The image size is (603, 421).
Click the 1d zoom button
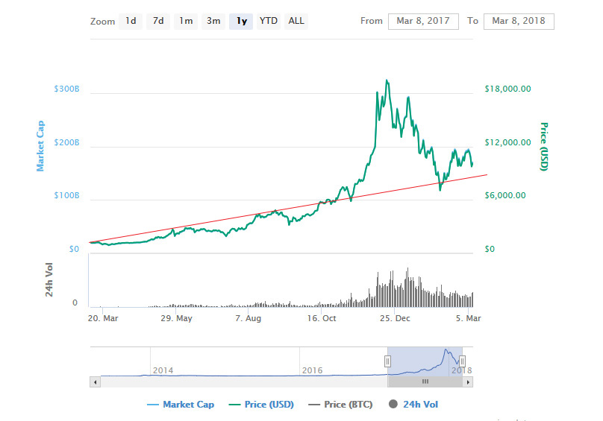pyautogui.click(x=131, y=21)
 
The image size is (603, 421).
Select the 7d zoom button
pyautogui.click(x=158, y=21)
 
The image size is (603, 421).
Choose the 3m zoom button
pyautogui.click(x=213, y=21)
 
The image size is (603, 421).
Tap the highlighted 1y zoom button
pyautogui.click(x=241, y=21)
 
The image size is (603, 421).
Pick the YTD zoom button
pyautogui.click(x=268, y=21)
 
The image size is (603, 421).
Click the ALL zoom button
pyautogui.click(x=296, y=21)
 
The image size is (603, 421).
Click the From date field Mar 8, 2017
pyautogui.click(x=422, y=21)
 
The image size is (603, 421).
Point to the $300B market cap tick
pyautogui.click(x=66, y=89)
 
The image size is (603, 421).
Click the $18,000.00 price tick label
pyautogui.click(x=507, y=89)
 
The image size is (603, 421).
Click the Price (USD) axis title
pyautogui.click(x=544, y=146)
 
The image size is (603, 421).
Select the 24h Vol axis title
pyautogui.click(x=49, y=280)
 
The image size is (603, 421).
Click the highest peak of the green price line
pyautogui.click(x=386, y=80)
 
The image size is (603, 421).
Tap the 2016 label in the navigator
pyautogui.click(x=312, y=370)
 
